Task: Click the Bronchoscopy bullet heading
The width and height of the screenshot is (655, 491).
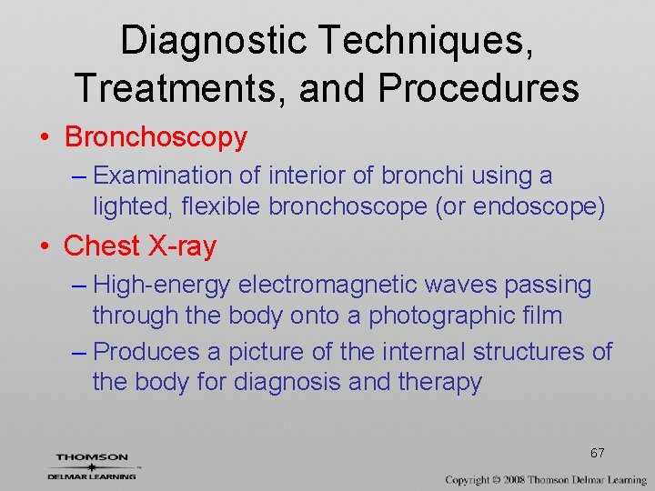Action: coord(156,137)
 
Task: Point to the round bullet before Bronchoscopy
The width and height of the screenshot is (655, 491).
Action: coord(44,138)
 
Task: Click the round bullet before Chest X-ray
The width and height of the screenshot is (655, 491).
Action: coord(44,246)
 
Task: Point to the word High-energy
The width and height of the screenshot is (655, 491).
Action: coord(162,285)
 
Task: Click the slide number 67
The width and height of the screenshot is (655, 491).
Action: coord(598,453)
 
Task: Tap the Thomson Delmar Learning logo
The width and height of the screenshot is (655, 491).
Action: coord(92,466)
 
